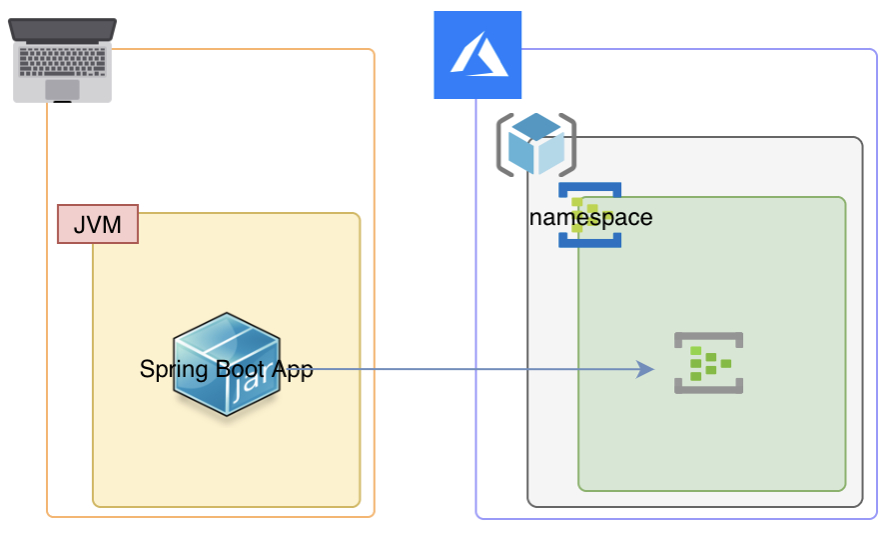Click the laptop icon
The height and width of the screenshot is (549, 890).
pyautogui.click(x=62, y=60)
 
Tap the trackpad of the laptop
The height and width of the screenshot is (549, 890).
pyautogui.click(x=62, y=90)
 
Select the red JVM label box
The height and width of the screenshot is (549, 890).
pyautogui.click(x=97, y=225)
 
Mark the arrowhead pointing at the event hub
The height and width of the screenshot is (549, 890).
pyautogui.click(x=646, y=369)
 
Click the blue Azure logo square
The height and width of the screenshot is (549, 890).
pyautogui.click(x=477, y=55)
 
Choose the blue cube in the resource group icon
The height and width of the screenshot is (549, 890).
pyautogui.click(x=535, y=145)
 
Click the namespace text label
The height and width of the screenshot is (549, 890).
pyautogui.click(x=590, y=217)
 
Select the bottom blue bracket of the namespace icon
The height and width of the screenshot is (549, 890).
pyautogui.click(x=590, y=241)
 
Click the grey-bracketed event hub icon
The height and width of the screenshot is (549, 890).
pyautogui.click(x=709, y=362)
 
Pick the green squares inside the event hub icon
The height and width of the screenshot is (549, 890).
pyautogui.click(x=710, y=362)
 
